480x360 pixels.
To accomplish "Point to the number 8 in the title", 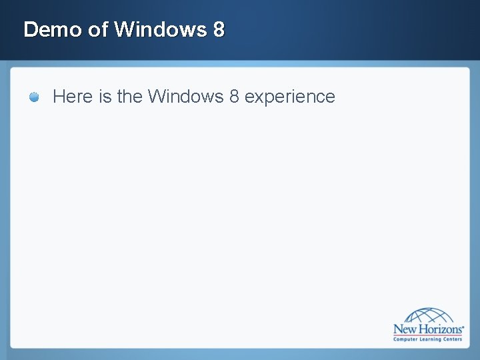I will click(219, 29).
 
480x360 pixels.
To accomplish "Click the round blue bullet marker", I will click(34, 97).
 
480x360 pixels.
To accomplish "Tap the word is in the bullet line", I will click(105, 97).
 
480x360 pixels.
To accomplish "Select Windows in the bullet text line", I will click(185, 97).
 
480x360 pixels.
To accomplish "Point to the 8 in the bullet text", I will click(233, 97).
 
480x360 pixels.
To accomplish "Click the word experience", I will click(289, 97).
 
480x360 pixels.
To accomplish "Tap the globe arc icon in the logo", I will click(429, 315).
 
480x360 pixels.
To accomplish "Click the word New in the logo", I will click(405, 329).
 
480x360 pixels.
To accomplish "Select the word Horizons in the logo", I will click(439, 329).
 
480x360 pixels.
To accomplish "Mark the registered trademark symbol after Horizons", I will click(463, 325).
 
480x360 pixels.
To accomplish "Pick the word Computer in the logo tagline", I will click(406, 339).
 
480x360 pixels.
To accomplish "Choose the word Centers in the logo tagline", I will click(453, 339).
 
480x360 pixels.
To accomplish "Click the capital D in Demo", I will click(29, 29).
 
